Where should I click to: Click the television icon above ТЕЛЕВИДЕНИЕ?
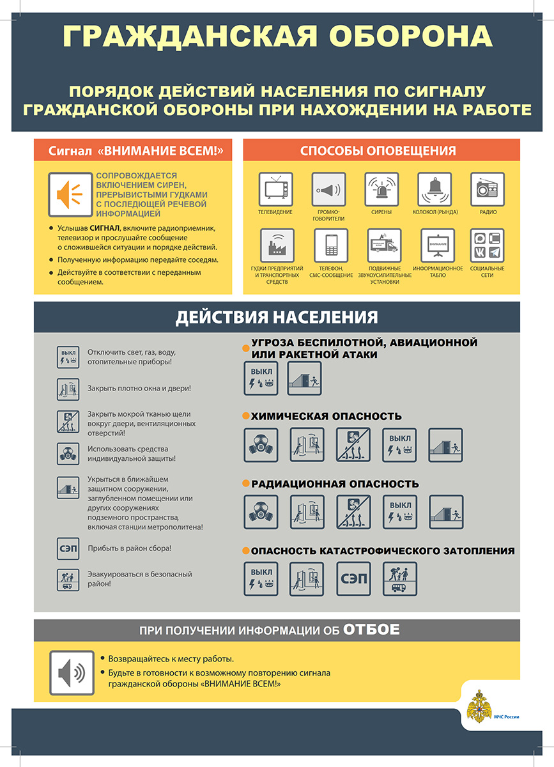click(x=275, y=189)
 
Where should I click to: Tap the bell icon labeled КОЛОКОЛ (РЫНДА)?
click(x=435, y=189)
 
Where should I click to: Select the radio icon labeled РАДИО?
click(x=488, y=189)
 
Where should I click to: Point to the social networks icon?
click(x=488, y=245)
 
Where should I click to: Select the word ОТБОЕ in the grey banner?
click(x=372, y=630)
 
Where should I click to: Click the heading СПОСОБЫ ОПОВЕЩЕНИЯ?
click(x=378, y=151)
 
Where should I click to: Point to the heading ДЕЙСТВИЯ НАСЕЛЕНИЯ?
click(x=277, y=317)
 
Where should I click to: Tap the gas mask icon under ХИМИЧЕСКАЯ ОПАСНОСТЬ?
click(x=261, y=445)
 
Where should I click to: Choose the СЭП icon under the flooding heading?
click(x=353, y=578)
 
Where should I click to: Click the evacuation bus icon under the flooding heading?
click(x=399, y=578)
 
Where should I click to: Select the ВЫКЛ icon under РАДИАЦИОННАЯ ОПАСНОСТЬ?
click(x=399, y=511)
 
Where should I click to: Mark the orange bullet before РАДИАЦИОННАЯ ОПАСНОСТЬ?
click(x=246, y=484)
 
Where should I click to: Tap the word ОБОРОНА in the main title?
click(x=397, y=37)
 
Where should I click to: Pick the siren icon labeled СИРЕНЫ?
click(x=381, y=189)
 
